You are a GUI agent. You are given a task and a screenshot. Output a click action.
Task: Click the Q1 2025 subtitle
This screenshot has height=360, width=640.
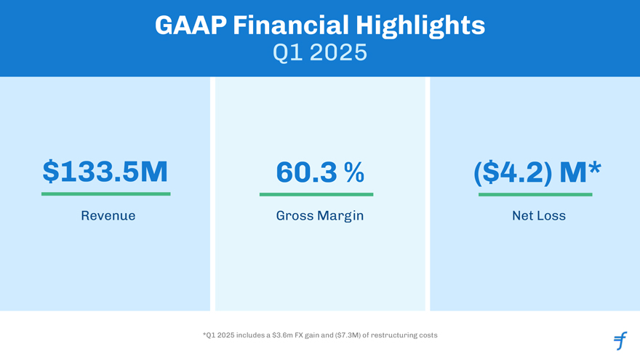pos(320,53)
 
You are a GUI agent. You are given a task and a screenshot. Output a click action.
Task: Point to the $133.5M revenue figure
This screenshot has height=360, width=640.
pos(105,172)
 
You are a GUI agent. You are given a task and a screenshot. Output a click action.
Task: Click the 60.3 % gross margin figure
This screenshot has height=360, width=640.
pos(320,172)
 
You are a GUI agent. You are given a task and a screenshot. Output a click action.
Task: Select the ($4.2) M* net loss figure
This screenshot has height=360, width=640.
pos(537,172)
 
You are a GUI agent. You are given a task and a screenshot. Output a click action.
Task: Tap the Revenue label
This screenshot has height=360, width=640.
pos(108,216)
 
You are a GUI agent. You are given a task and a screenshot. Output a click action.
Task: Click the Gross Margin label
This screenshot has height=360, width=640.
pos(320,216)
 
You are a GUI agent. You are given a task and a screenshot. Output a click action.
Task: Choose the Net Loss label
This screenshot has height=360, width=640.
pos(539,216)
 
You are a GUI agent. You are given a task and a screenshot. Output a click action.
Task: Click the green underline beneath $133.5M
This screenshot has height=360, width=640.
pos(106,194)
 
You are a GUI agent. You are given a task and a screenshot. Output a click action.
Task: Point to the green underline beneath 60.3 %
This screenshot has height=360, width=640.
pos(316,194)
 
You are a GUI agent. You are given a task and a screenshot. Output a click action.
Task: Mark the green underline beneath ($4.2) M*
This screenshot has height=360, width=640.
pos(535,194)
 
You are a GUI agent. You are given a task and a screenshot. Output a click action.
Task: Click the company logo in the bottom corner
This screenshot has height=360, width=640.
pos(620,340)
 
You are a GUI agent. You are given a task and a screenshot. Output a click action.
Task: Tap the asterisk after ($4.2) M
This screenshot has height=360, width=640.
pos(595,168)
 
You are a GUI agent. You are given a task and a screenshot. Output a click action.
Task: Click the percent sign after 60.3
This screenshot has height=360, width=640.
pos(354,172)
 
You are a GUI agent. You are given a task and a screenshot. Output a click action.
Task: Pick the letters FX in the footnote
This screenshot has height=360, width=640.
pos(300,335)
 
